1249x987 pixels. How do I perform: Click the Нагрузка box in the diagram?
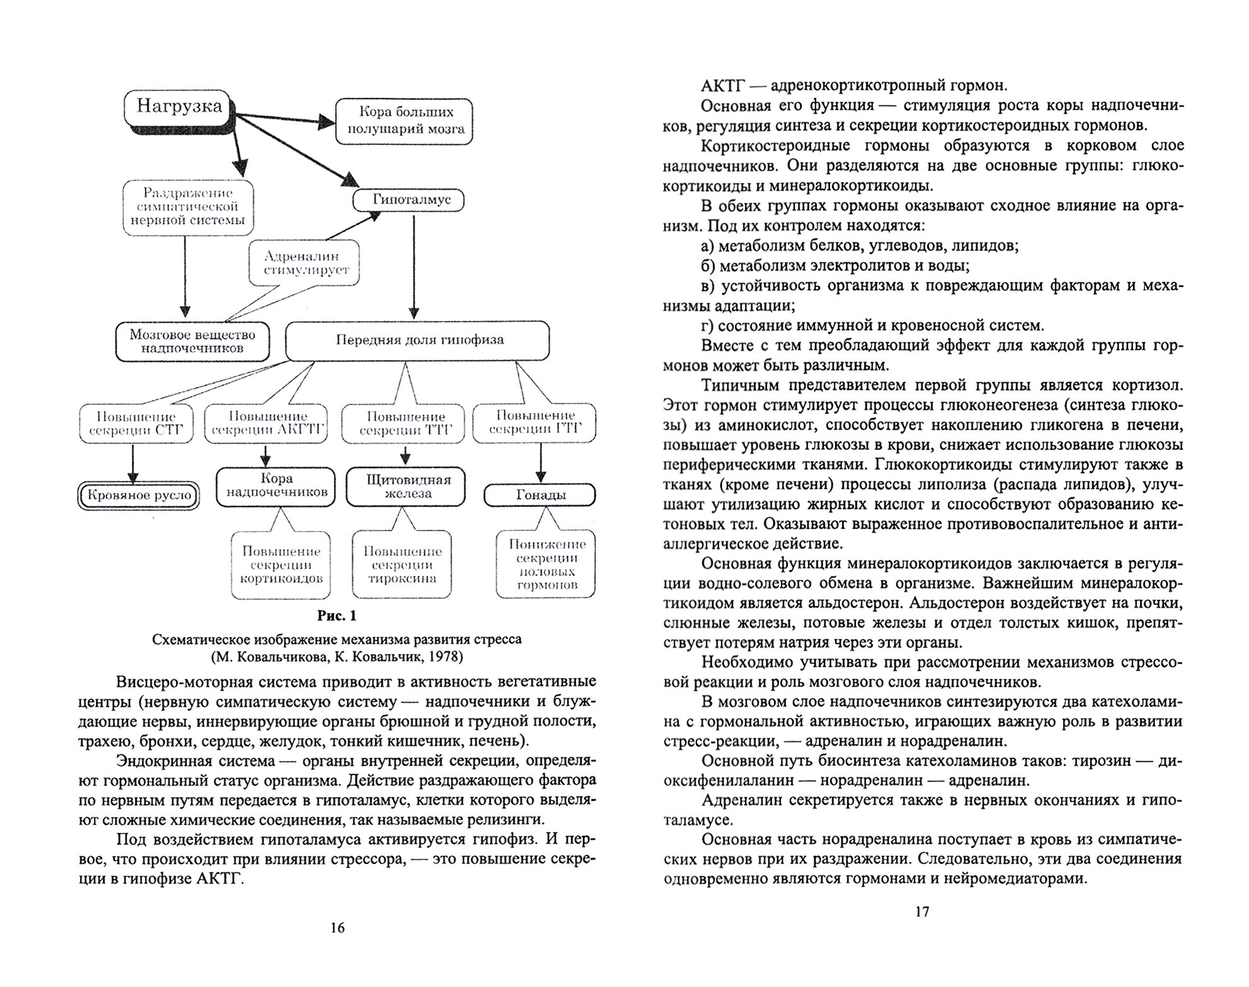point(179,107)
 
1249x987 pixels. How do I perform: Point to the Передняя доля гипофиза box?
point(418,340)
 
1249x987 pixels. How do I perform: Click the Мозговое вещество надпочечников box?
point(192,341)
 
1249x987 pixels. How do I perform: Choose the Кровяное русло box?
point(139,495)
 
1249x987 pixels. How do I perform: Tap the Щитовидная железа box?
point(408,486)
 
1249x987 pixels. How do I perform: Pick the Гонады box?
point(540,495)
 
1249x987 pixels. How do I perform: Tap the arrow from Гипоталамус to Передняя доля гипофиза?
point(413,265)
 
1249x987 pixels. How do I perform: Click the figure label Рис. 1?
point(337,615)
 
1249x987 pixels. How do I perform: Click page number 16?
point(337,928)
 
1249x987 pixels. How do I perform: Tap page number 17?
point(922,911)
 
